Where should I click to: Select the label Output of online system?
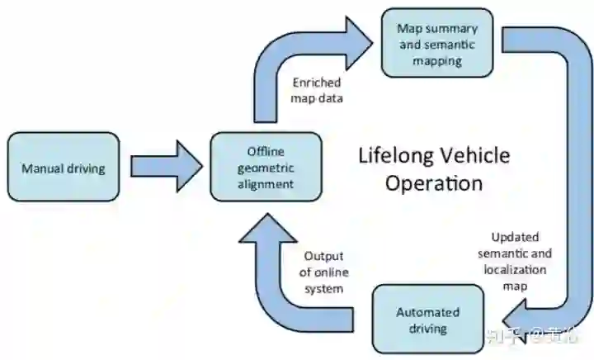coord(323,272)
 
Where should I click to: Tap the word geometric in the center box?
coord(265,168)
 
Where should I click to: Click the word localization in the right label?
coord(515,268)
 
